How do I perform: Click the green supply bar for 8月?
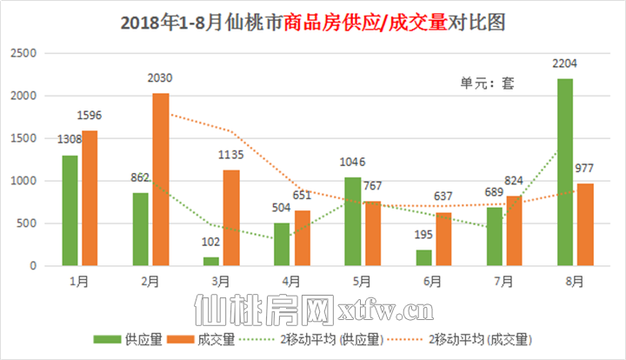tap(565, 172)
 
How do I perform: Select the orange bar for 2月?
tap(161, 179)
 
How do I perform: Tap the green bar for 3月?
tap(211, 261)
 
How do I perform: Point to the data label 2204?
tap(565, 63)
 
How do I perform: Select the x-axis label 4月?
tap(291, 280)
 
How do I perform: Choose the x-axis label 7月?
tap(504, 280)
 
